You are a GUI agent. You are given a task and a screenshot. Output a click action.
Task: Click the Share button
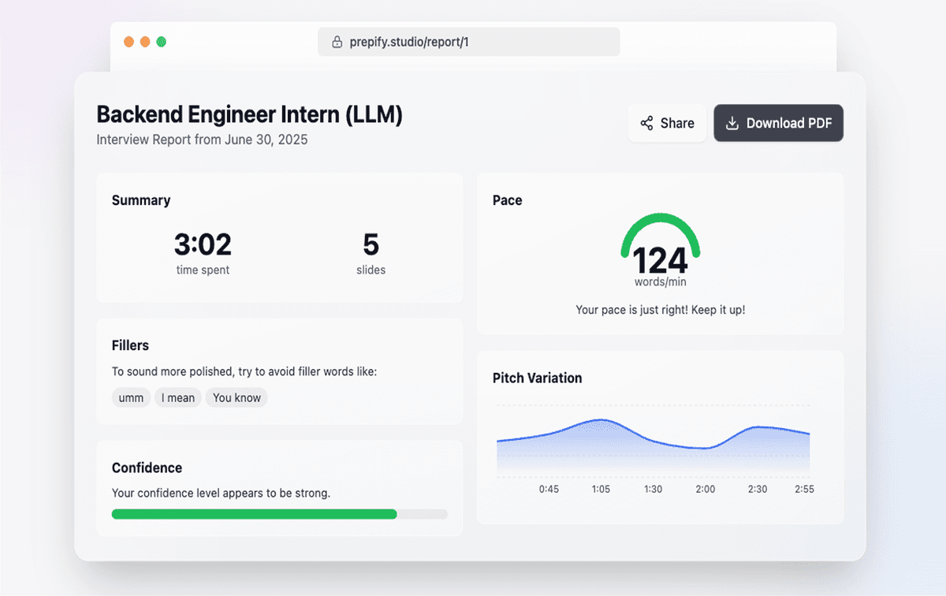click(667, 123)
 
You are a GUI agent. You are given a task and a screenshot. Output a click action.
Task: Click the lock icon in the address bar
click(337, 42)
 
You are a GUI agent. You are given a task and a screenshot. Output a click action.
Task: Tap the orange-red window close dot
click(128, 42)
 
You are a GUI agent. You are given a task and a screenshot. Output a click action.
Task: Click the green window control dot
click(162, 42)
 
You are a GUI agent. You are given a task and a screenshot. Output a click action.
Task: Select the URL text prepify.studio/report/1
click(409, 42)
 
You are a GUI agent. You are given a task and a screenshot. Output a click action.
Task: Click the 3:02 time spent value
click(203, 245)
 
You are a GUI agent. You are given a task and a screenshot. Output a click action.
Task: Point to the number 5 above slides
click(371, 245)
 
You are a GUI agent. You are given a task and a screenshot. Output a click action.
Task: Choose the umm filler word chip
click(131, 398)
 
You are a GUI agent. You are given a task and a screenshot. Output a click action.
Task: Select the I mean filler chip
click(178, 398)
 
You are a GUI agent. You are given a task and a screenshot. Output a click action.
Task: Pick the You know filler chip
click(236, 398)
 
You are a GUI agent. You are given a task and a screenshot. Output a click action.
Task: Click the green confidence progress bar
click(254, 514)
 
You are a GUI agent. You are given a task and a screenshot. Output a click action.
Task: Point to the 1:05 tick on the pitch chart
click(601, 489)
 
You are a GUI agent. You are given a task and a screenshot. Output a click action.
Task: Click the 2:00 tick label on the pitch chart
click(705, 489)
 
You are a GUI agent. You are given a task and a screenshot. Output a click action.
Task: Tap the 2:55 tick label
click(804, 489)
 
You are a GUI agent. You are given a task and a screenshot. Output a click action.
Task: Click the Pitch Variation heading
click(537, 378)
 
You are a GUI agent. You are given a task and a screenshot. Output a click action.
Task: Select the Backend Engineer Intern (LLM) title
click(249, 115)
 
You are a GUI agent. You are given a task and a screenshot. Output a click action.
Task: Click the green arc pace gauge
click(661, 224)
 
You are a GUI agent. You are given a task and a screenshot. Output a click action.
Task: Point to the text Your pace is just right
click(660, 310)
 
